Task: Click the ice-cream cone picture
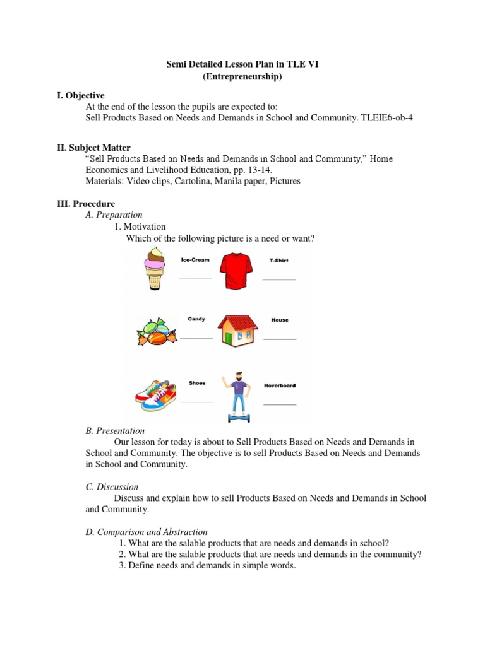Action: tap(155, 268)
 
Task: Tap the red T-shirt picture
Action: tap(236, 270)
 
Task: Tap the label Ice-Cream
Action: tap(195, 260)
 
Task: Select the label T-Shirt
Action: tap(278, 260)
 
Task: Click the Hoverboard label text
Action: tap(279, 385)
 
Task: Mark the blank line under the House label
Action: tap(279, 339)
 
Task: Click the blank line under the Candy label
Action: tap(196, 338)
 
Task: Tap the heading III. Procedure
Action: tap(86, 204)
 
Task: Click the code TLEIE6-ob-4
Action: tap(386, 117)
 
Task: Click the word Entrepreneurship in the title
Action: tap(242, 76)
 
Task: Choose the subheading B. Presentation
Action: tap(115, 431)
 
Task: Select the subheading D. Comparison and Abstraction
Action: tap(147, 532)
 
